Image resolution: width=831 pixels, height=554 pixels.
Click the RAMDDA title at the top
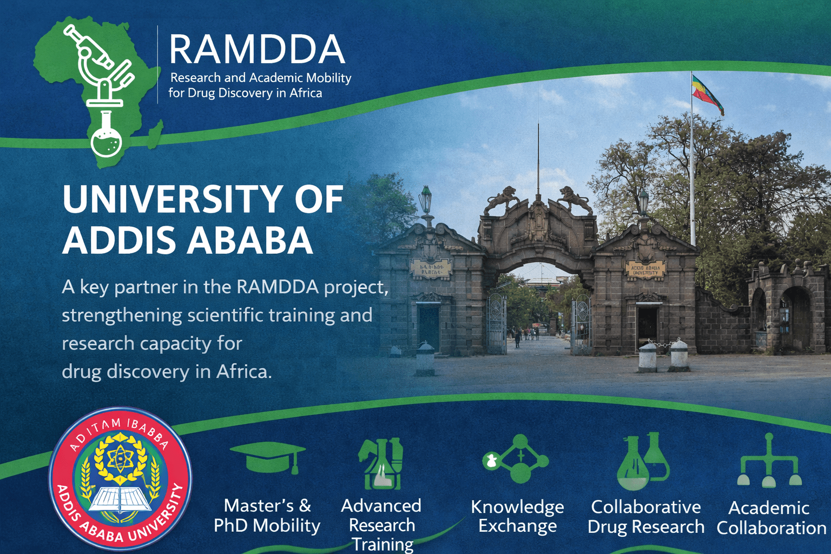(257, 49)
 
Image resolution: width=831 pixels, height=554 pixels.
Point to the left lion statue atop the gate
(502, 199)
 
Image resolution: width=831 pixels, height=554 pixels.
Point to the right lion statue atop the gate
(575, 199)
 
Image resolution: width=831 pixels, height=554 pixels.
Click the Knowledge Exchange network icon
(517, 459)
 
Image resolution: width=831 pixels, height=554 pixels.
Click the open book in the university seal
(120, 499)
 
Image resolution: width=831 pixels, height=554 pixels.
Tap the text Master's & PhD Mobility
(267, 516)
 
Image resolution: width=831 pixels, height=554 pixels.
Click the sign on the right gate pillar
(645, 269)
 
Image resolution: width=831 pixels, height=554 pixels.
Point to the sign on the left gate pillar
(431, 268)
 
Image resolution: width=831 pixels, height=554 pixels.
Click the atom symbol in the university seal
(120, 459)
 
